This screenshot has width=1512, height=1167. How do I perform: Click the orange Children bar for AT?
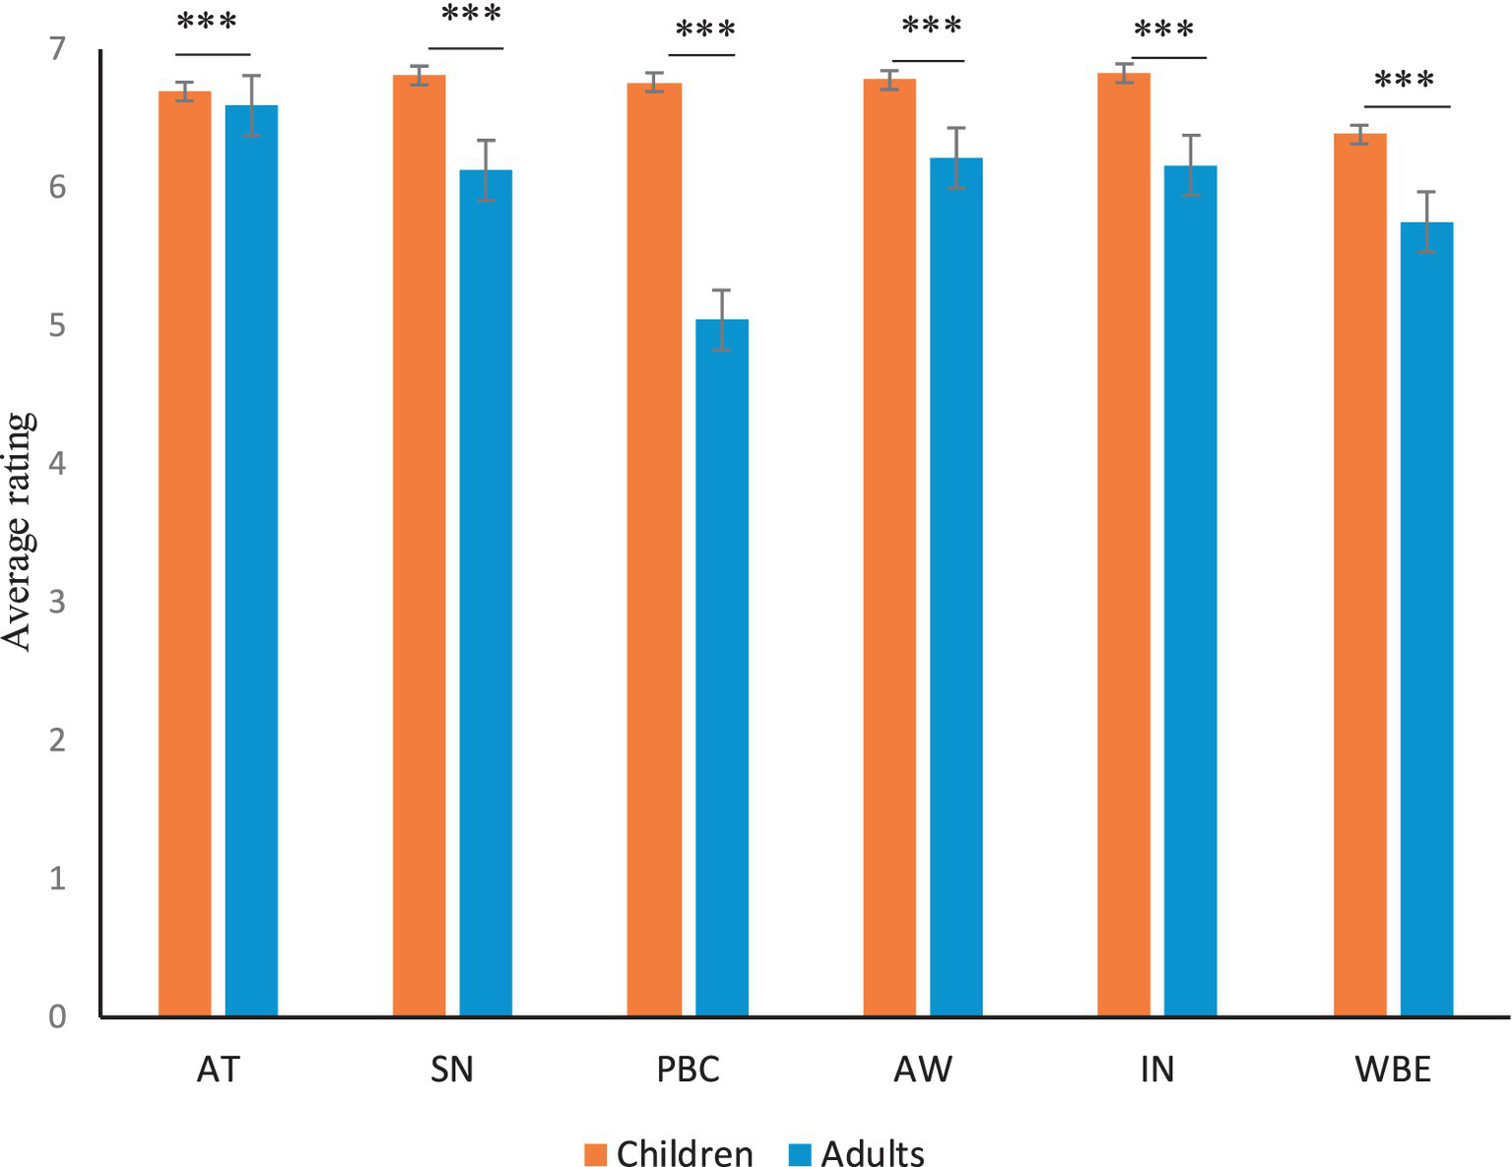click(x=184, y=551)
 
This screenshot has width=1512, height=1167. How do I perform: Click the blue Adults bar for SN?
click(x=486, y=592)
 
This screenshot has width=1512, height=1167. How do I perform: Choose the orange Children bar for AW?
click(x=889, y=547)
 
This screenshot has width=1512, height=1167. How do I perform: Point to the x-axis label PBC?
click(x=688, y=1070)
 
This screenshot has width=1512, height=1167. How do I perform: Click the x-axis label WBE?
click(x=1393, y=1070)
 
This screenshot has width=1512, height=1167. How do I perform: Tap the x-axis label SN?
click(x=452, y=1070)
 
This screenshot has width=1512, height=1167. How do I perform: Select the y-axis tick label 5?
click(x=57, y=325)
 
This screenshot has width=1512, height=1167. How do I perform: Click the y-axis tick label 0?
click(x=57, y=1016)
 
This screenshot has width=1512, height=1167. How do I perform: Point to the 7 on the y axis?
click(x=57, y=48)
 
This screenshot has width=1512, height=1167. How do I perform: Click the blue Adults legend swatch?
click(x=800, y=1153)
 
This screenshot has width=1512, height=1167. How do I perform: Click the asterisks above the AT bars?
click(x=207, y=22)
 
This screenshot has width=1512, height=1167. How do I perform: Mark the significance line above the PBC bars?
click(x=702, y=55)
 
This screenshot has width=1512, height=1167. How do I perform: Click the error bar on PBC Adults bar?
click(x=722, y=319)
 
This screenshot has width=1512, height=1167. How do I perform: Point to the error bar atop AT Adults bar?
click(x=251, y=104)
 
